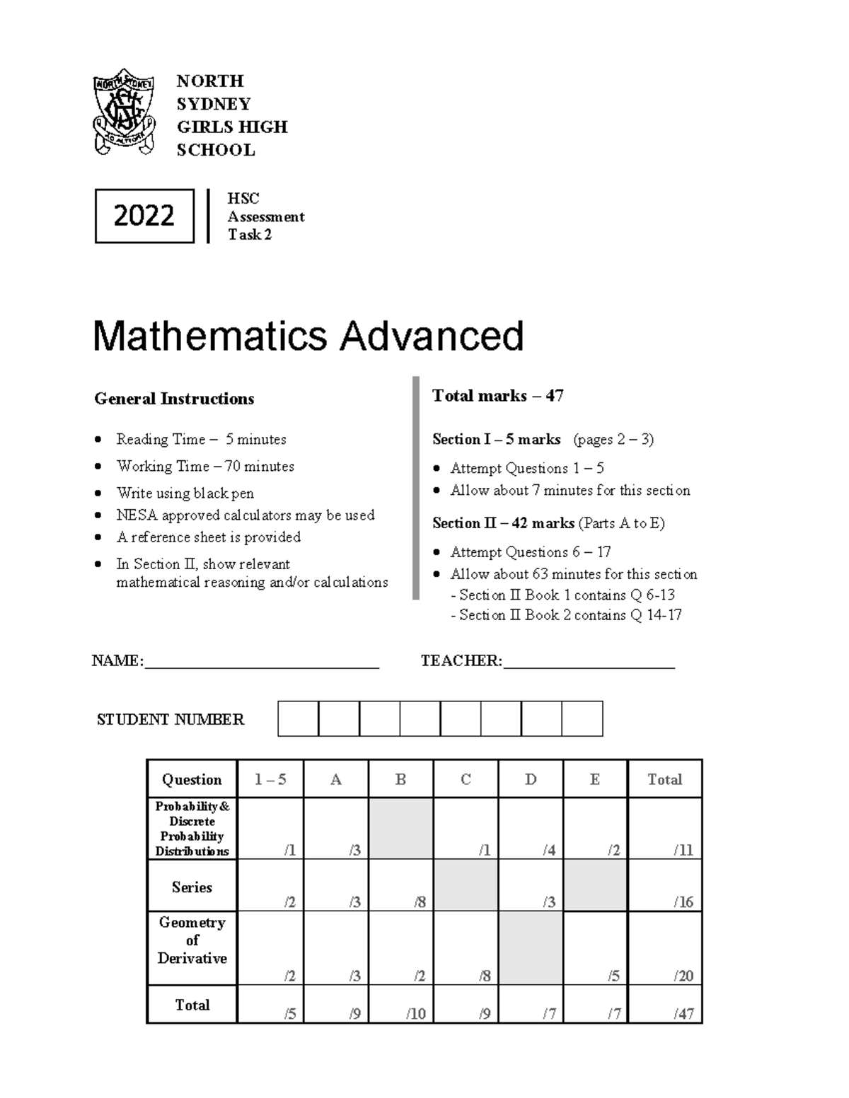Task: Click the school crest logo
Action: (125, 112)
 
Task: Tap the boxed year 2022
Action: (144, 216)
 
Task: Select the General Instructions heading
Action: (174, 399)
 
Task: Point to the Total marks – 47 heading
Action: (497, 396)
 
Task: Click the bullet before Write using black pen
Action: (98, 493)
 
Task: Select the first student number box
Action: (298, 718)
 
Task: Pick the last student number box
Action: (582, 718)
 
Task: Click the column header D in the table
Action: (531, 779)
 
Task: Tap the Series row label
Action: (192, 887)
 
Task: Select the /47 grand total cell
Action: (665, 1005)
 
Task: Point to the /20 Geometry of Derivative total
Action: (665, 949)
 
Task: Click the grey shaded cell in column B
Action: (401, 829)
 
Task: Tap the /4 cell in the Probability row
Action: (531, 829)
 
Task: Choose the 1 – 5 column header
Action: (270, 779)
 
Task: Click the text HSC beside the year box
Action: (243, 199)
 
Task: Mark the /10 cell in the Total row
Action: (401, 1005)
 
